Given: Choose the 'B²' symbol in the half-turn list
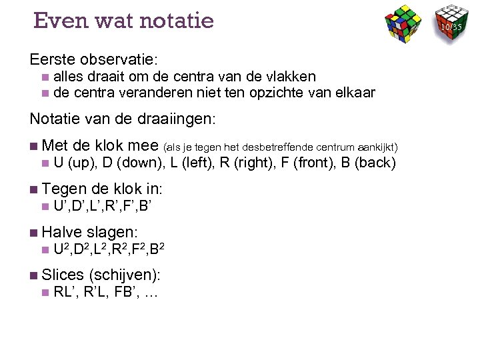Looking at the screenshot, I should [158, 251].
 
